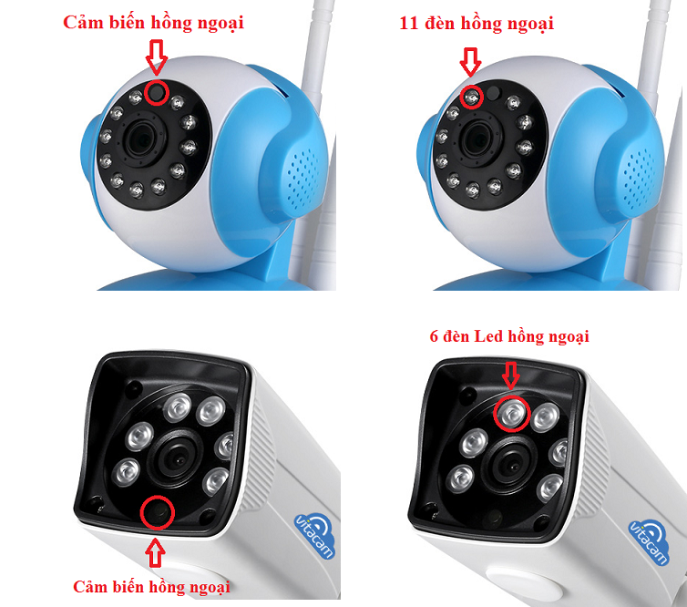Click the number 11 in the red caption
pyautogui.click(x=408, y=23)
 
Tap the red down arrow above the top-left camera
pyautogui.click(x=157, y=57)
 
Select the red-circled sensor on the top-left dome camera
pyautogui.click(x=157, y=93)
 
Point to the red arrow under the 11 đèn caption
pyautogui.click(x=470, y=62)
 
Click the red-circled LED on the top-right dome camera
pyautogui.click(x=472, y=98)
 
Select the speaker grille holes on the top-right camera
pyautogui.click(x=640, y=179)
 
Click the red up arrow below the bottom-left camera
pyautogui.click(x=155, y=552)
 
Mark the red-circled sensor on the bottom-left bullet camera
pyautogui.click(x=158, y=512)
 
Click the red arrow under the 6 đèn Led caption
pyautogui.click(x=510, y=376)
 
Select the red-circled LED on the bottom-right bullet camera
pyautogui.click(x=512, y=413)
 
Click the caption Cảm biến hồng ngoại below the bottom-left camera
pyautogui.click(x=151, y=587)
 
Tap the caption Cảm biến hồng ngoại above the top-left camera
pyautogui.click(x=153, y=23)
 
